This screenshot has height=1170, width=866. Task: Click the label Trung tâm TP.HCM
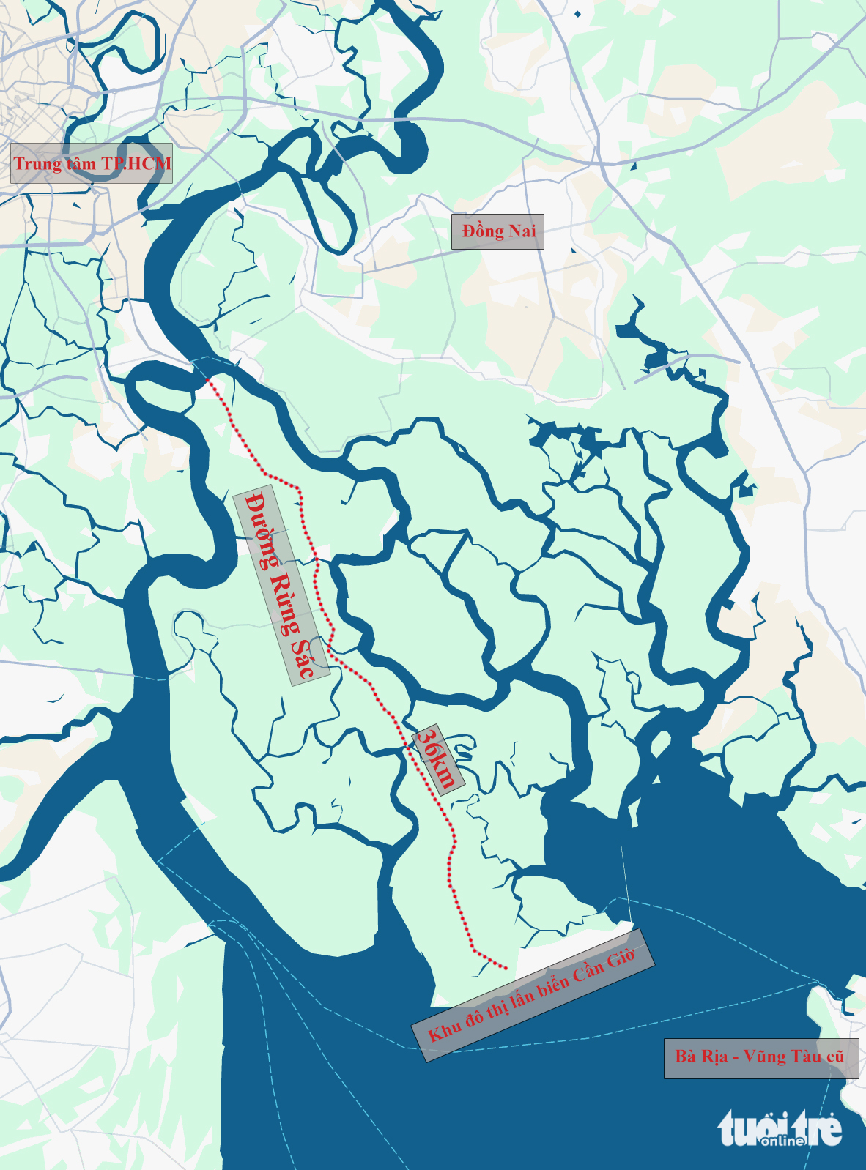92,163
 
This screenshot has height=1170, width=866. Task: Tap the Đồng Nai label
497,231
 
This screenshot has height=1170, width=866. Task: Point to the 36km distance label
437,759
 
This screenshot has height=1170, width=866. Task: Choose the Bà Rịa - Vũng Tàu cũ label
760,1057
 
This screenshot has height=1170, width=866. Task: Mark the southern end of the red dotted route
506,969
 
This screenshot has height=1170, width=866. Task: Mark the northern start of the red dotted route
210,380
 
